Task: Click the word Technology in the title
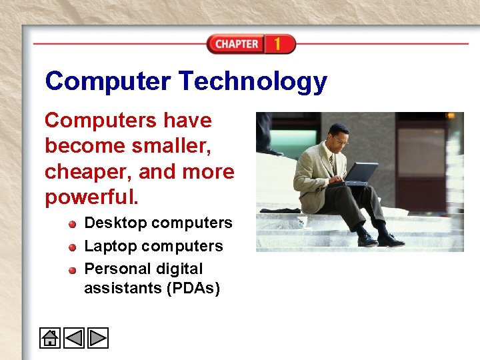[x=253, y=82]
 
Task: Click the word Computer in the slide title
[x=108, y=82]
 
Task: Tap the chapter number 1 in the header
[x=277, y=45]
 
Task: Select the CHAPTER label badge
[x=237, y=45]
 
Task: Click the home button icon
[x=50, y=338]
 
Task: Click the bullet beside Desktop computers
[x=72, y=223]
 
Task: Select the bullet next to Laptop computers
[x=72, y=247]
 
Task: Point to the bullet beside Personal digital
[x=72, y=269]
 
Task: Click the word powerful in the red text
[x=89, y=197]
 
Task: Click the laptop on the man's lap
[x=360, y=173]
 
